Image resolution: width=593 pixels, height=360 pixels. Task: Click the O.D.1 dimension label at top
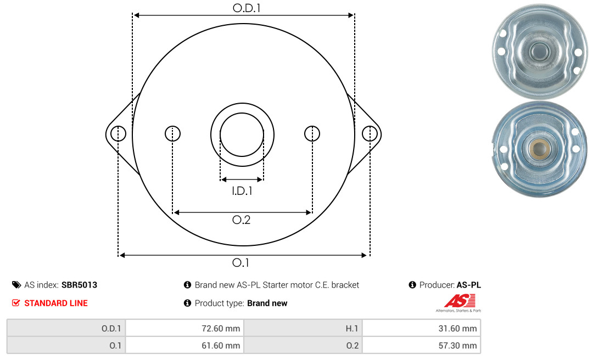click(x=246, y=8)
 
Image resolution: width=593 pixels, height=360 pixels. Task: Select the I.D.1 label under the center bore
click(x=242, y=191)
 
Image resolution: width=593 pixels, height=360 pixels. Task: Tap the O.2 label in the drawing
click(x=241, y=220)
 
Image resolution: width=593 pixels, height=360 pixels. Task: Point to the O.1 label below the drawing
click(x=240, y=262)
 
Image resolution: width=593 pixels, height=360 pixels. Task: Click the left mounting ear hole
click(x=119, y=133)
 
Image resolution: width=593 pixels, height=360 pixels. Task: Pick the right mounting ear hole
click(x=370, y=133)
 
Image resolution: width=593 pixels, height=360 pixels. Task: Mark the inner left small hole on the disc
click(x=173, y=133)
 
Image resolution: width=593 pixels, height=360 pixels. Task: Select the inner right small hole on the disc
click(x=312, y=133)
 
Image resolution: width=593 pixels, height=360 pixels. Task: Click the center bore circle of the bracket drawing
click(x=242, y=114)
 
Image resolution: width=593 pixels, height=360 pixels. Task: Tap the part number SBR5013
click(x=79, y=285)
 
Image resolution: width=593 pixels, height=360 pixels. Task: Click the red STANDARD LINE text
click(x=56, y=303)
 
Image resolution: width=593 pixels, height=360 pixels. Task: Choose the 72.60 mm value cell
click(x=184, y=328)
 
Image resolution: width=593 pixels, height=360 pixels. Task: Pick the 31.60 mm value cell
click(x=421, y=328)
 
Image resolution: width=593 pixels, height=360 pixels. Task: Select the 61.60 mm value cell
click(x=184, y=345)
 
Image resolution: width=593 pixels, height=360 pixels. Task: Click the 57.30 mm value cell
click(x=421, y=345)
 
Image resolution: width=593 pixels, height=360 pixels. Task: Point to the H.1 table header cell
click(x=303, y=328)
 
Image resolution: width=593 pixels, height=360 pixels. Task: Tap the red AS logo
click(x=460, y=301)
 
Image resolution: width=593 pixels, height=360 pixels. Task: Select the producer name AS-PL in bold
click(x=468, y=285)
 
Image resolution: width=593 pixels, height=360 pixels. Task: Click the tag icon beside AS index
click(x=16, y=285)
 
